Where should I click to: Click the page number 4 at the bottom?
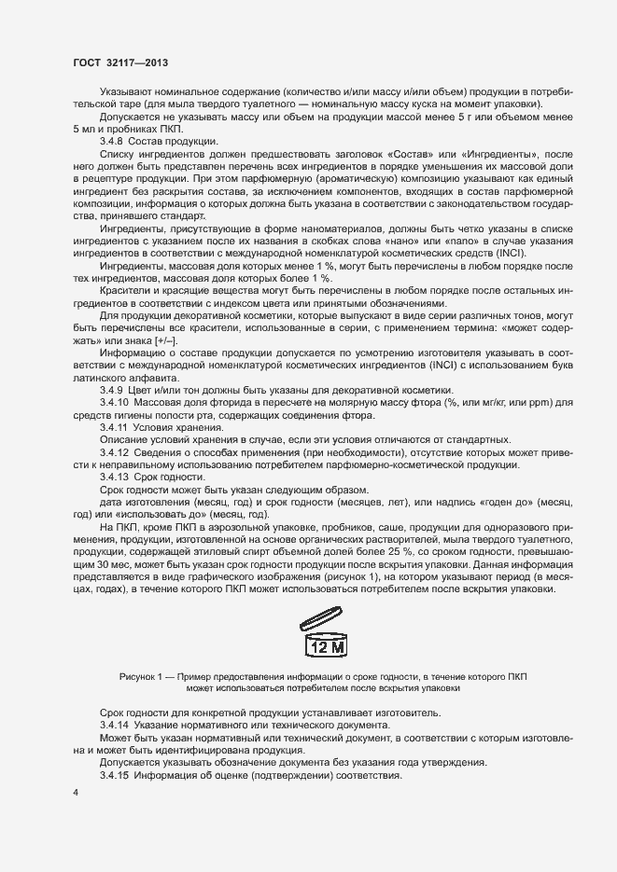pyautogui.click(x=75, y=793)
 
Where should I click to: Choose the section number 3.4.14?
pyautogui.click(x=118, y=725)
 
